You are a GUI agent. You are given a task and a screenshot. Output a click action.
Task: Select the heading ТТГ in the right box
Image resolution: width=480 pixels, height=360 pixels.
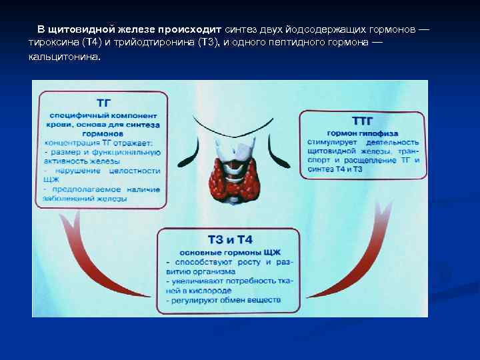(362, 121)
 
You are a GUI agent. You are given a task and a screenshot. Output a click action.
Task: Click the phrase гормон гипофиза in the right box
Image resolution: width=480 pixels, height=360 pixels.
(363, 132)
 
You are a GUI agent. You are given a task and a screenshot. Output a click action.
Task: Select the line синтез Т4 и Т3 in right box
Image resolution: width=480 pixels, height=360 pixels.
(336, 169)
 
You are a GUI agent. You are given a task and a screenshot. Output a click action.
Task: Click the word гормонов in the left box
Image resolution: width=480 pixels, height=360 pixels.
(103, 134)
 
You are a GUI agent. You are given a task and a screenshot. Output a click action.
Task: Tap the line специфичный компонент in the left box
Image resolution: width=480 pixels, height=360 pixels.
(103, 115)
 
